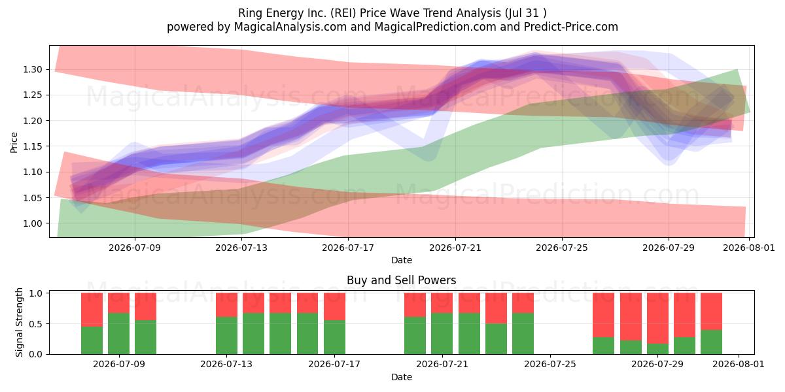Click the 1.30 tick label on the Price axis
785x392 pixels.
33,69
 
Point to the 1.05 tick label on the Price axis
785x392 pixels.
33,198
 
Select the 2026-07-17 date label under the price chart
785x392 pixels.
348,248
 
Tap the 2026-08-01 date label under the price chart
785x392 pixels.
749,248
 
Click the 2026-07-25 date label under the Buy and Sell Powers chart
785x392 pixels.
550,364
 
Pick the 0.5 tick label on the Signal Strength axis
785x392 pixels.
36,324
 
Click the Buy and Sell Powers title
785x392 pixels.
401,280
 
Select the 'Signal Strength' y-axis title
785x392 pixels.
19,322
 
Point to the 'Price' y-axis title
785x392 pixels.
14,142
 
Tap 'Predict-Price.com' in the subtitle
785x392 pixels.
571,27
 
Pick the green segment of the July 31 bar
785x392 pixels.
712,342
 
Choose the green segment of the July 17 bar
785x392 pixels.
334,337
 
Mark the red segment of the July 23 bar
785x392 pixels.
496,308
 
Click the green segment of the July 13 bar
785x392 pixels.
226,336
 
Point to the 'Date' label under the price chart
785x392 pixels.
402,261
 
